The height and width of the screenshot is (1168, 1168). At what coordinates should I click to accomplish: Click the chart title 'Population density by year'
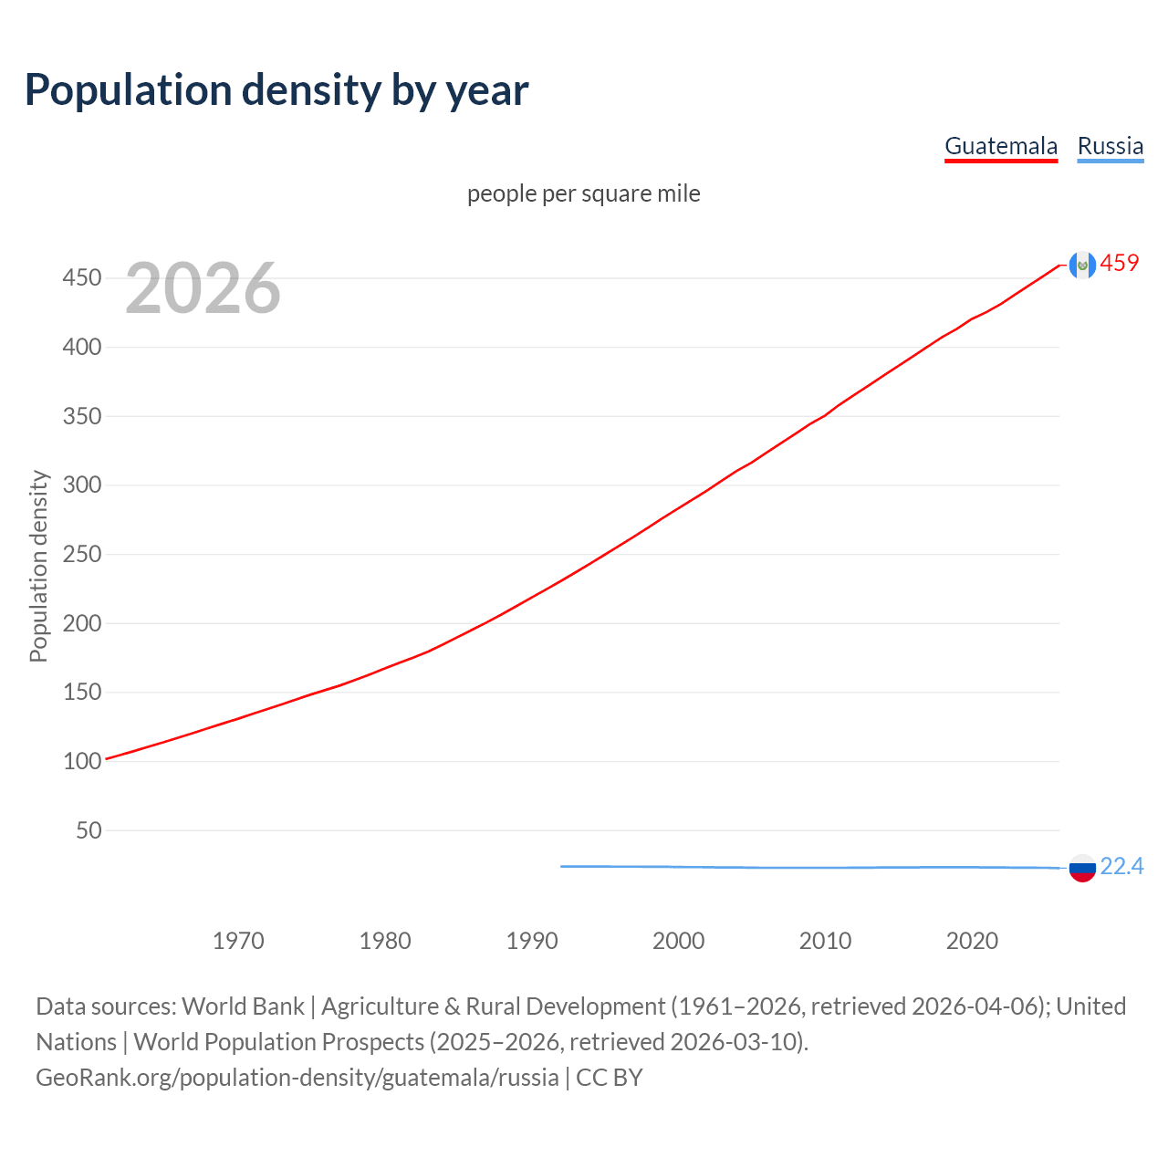(276, 90)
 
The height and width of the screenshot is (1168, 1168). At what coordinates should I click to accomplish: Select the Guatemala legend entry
(1001, 146)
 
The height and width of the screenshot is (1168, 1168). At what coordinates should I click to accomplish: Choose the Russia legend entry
(1110, 146)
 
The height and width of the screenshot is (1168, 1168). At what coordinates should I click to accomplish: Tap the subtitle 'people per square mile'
(583, 193)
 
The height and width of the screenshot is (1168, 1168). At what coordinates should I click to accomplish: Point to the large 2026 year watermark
(203, 288)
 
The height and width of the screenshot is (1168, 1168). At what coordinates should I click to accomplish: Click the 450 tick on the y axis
(81, 277)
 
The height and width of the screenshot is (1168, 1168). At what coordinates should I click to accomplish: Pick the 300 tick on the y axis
(81, 485)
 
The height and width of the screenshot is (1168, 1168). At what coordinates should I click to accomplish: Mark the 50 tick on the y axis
(89, 830)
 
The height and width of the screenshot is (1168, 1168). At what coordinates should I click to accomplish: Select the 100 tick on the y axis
(81, 761)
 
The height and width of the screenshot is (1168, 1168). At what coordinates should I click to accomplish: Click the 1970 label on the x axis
(238, 941)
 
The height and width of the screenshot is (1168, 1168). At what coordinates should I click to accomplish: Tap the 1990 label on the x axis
(532, 941)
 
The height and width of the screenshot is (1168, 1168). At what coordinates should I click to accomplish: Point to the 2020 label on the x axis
(972, 941)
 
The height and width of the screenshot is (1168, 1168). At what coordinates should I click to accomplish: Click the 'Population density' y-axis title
(38, 566)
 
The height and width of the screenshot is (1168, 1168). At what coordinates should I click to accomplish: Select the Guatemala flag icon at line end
(1082, 265)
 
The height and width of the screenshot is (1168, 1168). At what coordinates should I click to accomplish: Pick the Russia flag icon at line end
(1082, 868)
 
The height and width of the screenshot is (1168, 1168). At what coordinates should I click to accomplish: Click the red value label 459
(1120, 264)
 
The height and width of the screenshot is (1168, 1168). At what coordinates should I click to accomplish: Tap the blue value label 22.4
(1121, 866)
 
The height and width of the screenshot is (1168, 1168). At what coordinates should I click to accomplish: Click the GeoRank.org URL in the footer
(297, 1078)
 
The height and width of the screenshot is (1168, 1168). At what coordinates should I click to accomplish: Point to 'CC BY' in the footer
(610, 1078)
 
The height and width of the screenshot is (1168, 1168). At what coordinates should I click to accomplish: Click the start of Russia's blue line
(562, 866)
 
